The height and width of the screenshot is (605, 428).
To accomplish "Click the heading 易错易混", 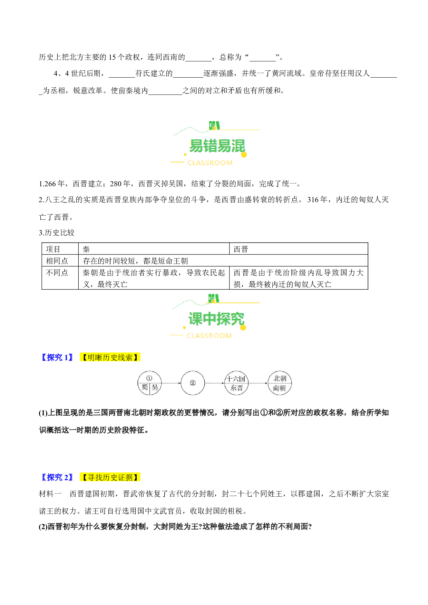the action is coord(217,146).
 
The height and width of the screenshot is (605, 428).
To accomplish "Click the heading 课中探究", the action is coord(216,319).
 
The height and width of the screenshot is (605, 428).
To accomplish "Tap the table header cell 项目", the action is coord(53,249).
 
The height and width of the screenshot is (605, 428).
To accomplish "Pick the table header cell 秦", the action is coord(86,249).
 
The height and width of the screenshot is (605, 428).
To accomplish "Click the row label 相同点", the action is coord(57,261).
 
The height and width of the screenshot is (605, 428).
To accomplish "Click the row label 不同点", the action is coord(57,272).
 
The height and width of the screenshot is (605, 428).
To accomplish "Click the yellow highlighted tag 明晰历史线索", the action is coord(110,357).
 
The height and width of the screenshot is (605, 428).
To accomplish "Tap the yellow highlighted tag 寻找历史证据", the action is coord(110,477).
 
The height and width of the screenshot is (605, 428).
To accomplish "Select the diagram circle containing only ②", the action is coord(193,383).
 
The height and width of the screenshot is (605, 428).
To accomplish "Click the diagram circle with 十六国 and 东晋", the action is coord(236,383).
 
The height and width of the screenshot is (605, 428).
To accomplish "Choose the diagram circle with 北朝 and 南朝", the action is coord(280,383).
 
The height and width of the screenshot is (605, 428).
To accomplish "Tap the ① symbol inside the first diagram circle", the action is coord(149,378).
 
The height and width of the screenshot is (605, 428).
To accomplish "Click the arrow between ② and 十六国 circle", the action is coord(215,383).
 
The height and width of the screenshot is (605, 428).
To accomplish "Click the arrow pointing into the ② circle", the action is coord(171,383).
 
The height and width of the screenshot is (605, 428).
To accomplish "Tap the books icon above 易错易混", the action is coord(214,125).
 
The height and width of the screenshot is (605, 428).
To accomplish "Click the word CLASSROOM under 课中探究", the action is coord(209,336).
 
